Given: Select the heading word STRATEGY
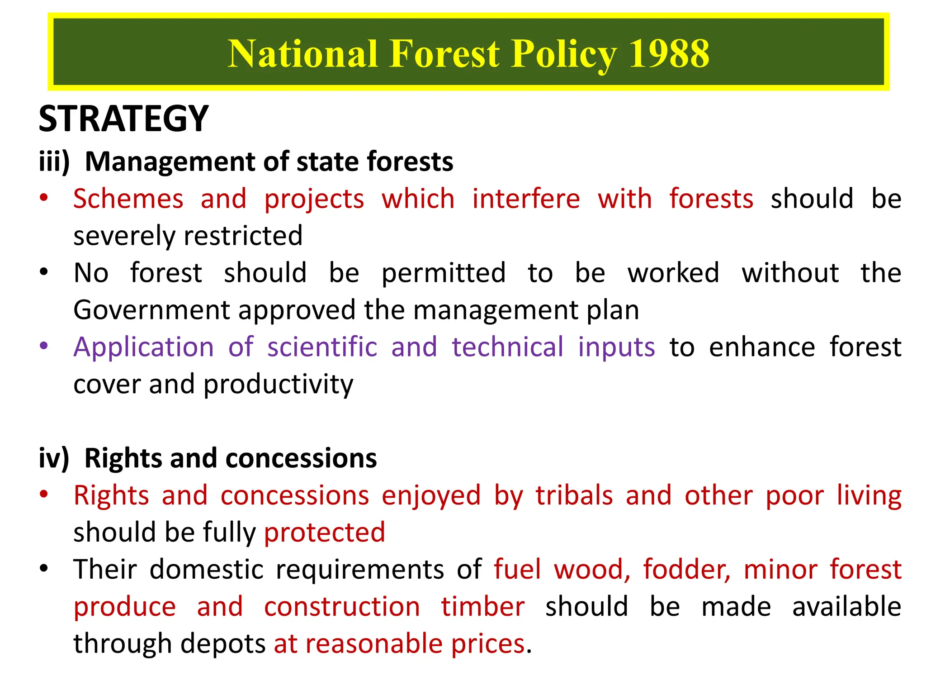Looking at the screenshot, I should pyautogui.click(x=123, y=119).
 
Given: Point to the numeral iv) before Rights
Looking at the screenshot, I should pyautogui.click(x=54, y=458).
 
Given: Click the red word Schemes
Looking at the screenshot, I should pyautogui.click(x=128, y=199).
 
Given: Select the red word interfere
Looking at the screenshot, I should pyautogui.click(x=526, y=199).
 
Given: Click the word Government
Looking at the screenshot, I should pyautogui.click(x=152, y=310).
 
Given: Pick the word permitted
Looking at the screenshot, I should pyautogui.click(x=443, y=273).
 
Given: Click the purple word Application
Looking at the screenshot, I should pyautogui.click(x=144, y=347).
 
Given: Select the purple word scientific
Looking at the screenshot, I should pyautogui.click(x=322, y=347).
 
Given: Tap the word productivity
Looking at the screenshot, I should pyautogui.click(x=278, y=385).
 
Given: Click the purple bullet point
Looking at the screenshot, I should pyautogui.click(x=43, y=346).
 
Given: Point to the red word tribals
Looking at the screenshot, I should pyautogui.click(x=574, y=495).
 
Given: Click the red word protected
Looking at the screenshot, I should pyautogui.click(x=325, y=533).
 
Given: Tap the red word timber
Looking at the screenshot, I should pyautogui.click(x=483, y=607).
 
